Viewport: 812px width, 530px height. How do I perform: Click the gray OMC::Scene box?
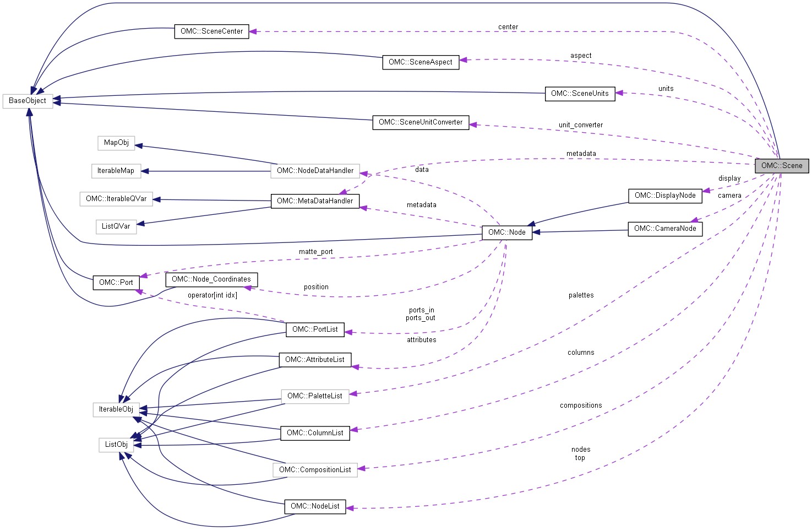pos(781,166)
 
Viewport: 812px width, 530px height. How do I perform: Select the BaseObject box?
pos(28,101)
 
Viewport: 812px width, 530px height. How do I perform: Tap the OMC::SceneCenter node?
pos(211,31)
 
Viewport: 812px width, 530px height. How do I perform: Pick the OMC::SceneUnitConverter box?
pos(421,122)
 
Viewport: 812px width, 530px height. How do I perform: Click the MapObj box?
pos(116,143)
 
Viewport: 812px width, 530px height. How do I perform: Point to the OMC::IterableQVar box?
pos(116,199)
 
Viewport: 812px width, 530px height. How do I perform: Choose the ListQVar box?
pos(116,226)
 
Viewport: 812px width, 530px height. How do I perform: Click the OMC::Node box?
pos(506,232)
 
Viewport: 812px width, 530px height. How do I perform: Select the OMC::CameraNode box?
pos(664,229)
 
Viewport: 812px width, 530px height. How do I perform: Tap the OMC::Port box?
pos(116,283)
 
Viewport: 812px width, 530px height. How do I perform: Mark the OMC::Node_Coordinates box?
pos(211,279)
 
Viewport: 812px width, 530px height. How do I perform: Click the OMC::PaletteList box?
pos(315,396)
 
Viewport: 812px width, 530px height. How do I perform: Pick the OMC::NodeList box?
pos(315,506)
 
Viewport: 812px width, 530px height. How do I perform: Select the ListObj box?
pos(116,445)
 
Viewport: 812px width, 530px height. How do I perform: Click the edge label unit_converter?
pos(580,125)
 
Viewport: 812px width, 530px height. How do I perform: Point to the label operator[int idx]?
pos(212,295)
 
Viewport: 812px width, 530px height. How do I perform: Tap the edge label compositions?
pos(581,405)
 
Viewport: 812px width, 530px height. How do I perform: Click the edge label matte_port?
pos(315,252)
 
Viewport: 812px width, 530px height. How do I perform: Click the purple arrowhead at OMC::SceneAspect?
pos(464,60)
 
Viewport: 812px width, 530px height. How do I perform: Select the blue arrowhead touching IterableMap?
pos(145,171)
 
